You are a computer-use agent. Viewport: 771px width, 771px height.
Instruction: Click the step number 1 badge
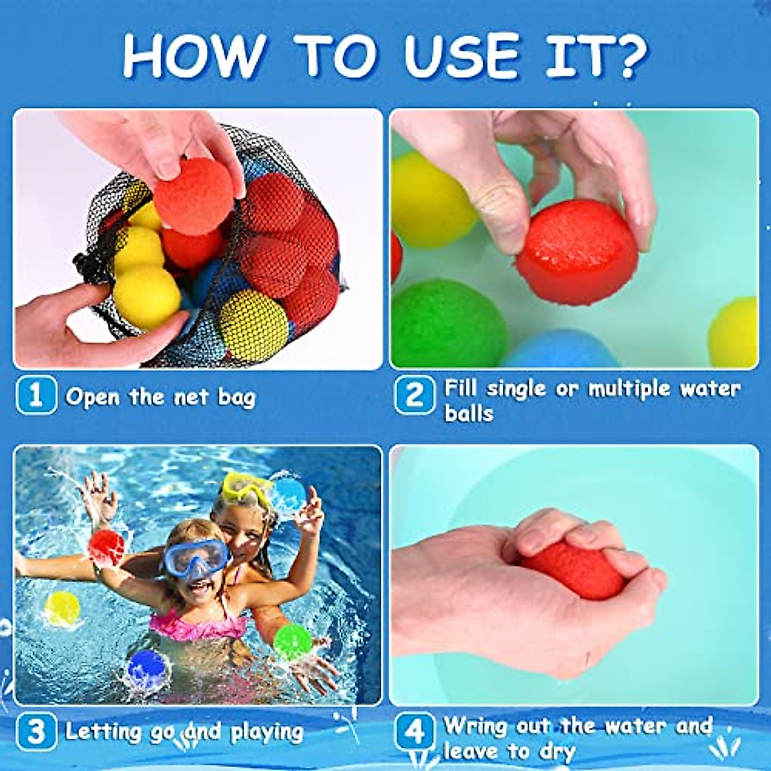[x=36, y=396]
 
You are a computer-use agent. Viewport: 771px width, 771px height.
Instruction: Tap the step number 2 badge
[x=414, y=396]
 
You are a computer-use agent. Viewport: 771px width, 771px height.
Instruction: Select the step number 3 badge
[x=36, y=731]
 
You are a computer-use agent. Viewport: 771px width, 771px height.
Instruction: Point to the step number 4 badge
[x=414, y=732]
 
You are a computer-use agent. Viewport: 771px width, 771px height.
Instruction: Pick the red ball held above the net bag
[x=195, y=196]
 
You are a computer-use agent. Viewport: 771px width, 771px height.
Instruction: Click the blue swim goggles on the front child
[x=196, y=556]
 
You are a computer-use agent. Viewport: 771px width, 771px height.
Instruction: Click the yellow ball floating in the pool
[x=62, y=608]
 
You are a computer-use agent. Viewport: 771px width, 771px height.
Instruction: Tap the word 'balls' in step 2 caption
[x=468, y=413]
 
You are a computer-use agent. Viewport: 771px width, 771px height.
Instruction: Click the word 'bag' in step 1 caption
[x=236, y=398]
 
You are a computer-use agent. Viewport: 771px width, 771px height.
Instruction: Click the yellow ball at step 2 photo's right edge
[x=736, y=332]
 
